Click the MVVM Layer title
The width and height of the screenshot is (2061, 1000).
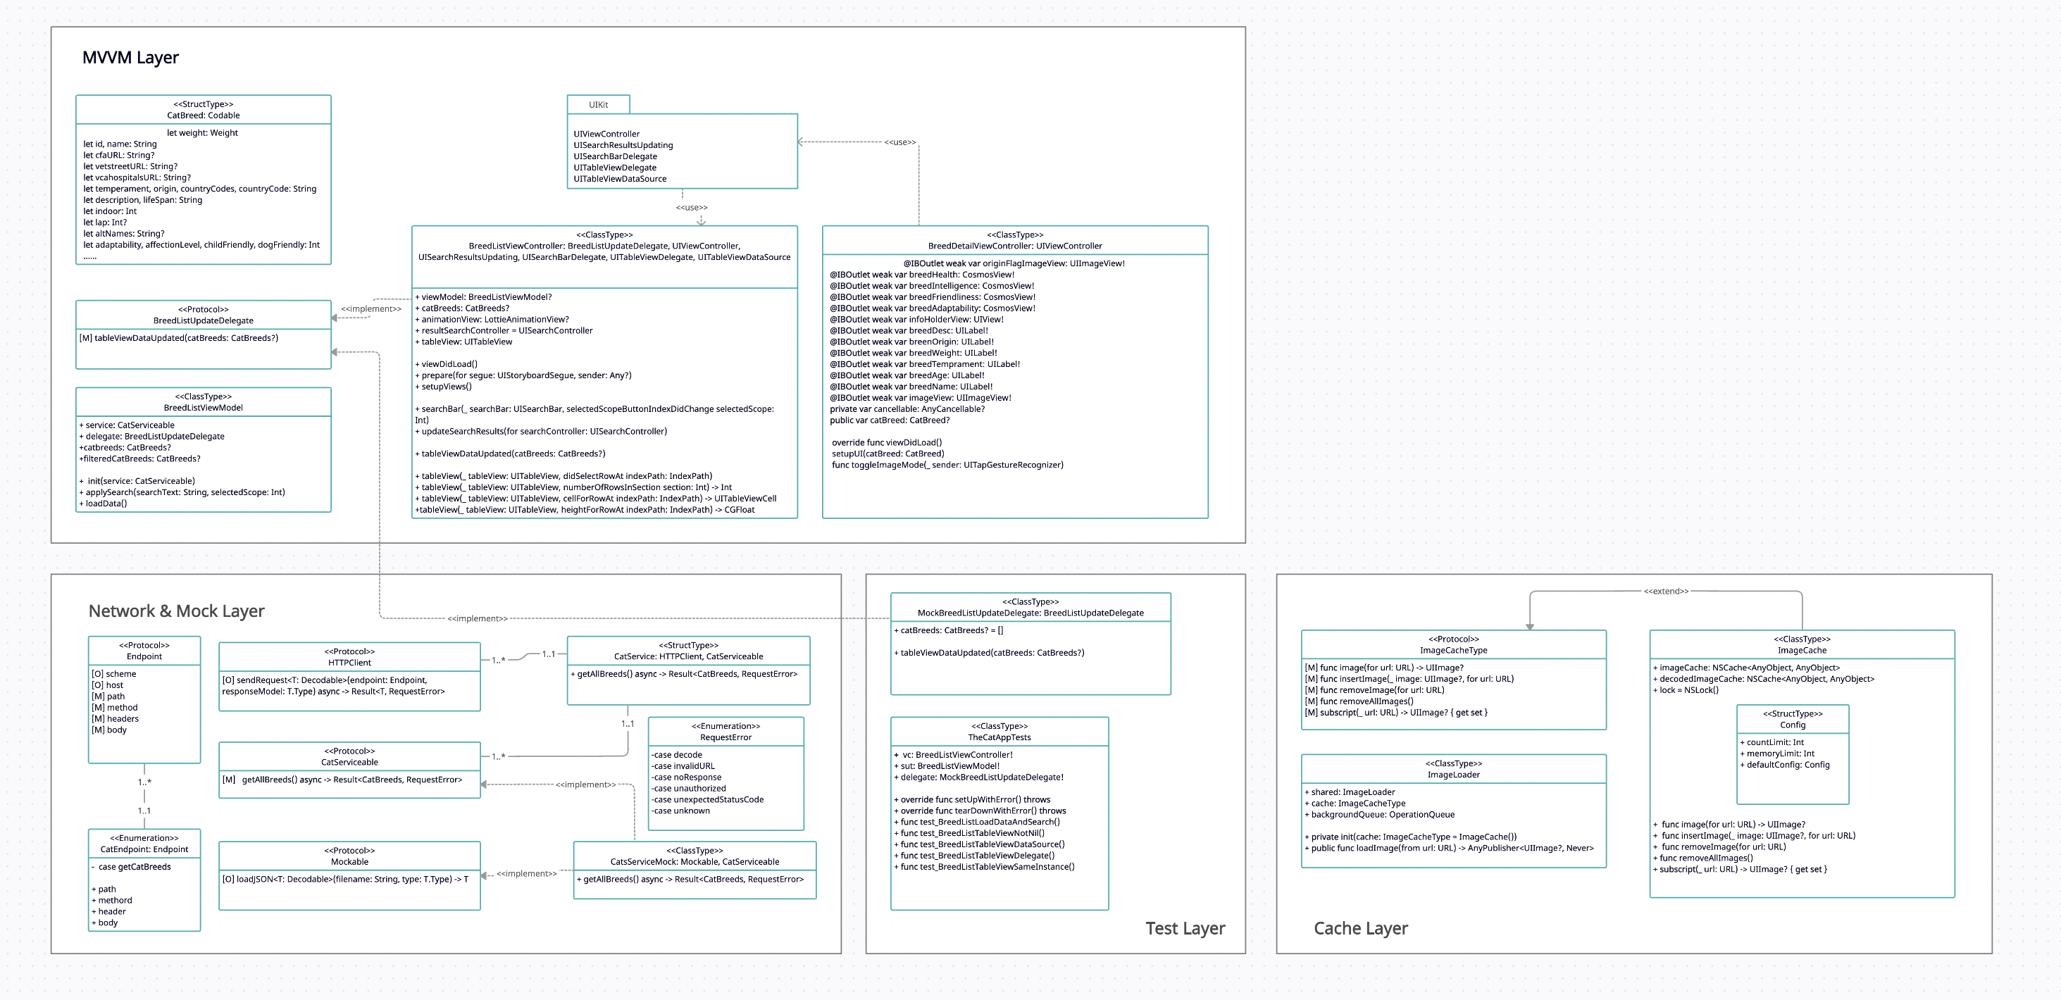(x=130, y=58)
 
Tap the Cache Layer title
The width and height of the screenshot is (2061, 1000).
(x=1360, y=928)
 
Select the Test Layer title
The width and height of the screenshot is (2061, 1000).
(x=1185, y=928)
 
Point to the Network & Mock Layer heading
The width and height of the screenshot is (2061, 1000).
(x=176, y=611)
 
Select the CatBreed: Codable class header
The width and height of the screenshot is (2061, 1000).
(x=204, y=115)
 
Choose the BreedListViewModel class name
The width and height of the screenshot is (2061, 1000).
(x=204, y=408)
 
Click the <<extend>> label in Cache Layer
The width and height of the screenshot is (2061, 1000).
(x=1666, y=592)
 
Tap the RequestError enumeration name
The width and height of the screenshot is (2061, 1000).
(x=726, y=737)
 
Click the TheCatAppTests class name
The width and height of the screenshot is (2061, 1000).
(x=1000, y=737)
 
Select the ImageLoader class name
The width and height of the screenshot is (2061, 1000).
(x=1453, y=775)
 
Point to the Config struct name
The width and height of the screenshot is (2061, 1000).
(x=1792, y=725)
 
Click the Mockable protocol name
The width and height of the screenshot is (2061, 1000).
(x=349, y=861)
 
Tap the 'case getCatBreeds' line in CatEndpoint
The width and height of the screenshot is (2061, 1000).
(x=134, y=867)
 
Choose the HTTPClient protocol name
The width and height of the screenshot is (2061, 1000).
(x=349, y=663)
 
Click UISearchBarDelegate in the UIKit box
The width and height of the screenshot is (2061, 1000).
(x=615, y=157)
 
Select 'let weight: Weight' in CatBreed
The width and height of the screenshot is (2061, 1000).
(x=202, y=133)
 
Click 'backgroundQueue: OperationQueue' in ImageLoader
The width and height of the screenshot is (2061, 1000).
(x=1382, y=814)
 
